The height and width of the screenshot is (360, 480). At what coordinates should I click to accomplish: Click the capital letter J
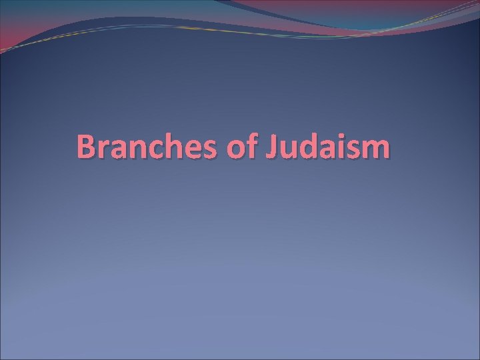273,147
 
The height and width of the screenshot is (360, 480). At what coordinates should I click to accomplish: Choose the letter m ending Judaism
376,150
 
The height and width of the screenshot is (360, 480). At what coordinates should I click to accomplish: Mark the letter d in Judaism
308,147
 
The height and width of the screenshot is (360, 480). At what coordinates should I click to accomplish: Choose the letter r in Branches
103,150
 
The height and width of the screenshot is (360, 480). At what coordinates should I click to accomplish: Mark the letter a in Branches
119,150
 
